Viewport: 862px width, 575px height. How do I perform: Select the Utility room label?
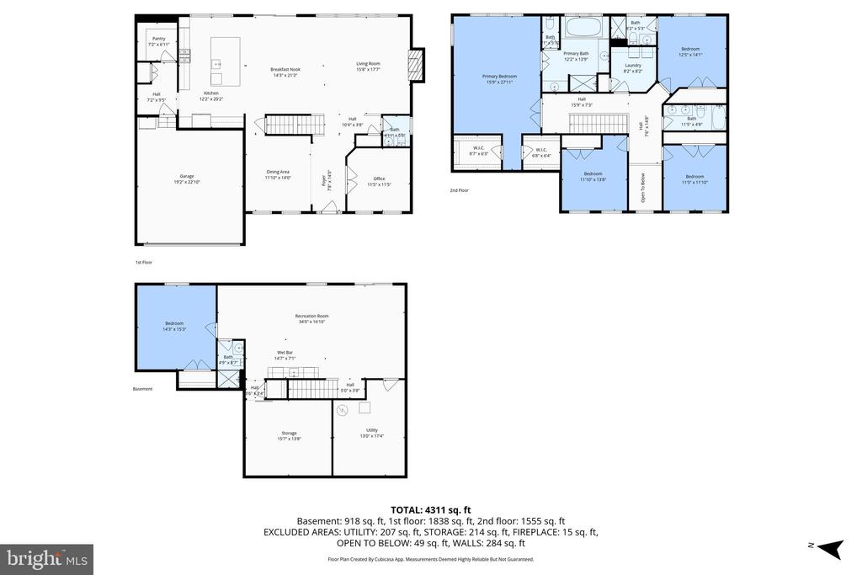[371, 432]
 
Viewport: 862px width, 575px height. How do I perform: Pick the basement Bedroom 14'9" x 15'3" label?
[174, 326]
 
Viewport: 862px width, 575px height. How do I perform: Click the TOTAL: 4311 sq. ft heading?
[430, 509]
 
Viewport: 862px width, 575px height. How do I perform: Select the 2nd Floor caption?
[459, 190]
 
